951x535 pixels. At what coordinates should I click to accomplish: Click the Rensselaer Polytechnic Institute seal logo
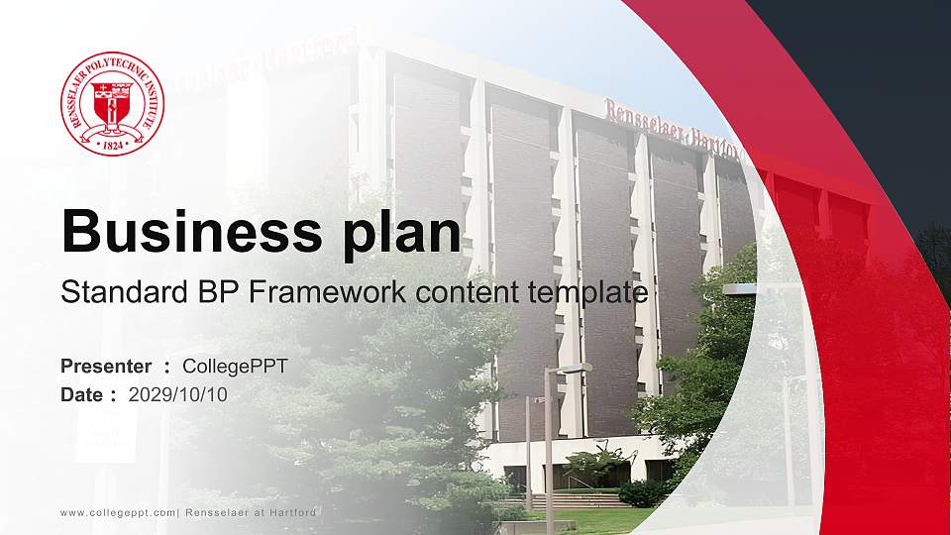pos(112,103)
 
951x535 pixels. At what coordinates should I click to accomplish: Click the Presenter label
pos(106,366)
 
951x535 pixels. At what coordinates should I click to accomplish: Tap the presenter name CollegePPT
pos(235,366)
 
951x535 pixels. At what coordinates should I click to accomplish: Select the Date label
pos(82,394)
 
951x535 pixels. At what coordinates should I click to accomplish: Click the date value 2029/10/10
pos(177,394)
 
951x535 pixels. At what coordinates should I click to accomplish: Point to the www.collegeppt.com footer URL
pos(116,512)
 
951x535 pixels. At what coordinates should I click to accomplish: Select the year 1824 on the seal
pos(112,143)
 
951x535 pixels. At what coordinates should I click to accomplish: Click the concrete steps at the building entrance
pos(584,500)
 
